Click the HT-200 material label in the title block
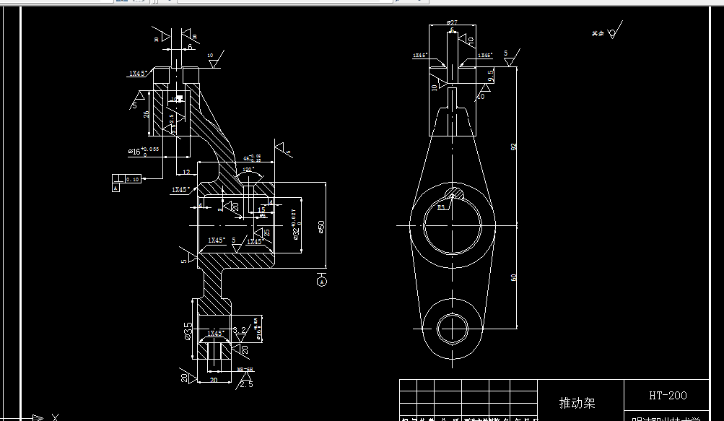pyautogui.click(x=667, y=396)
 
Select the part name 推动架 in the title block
pyautogui.click(x=578, y=402)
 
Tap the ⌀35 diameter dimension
pyautogui.click(x=188, y=331)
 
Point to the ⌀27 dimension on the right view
pyautogui.click(x=452, y=23)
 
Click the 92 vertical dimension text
pyautogui.click(x=514, y=146)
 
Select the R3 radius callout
pyautogui.click(x=442, y=207)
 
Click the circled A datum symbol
pyautogui.click(x=321, y=282)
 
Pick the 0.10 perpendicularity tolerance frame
pyautogui.click(x=131, y=178)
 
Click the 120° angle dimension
pyautogui.click(x=249, y=170)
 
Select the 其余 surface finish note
pyautogui.click(x=597, y=33)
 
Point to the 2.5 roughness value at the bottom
pyautogui.click(x=246, y=383)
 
